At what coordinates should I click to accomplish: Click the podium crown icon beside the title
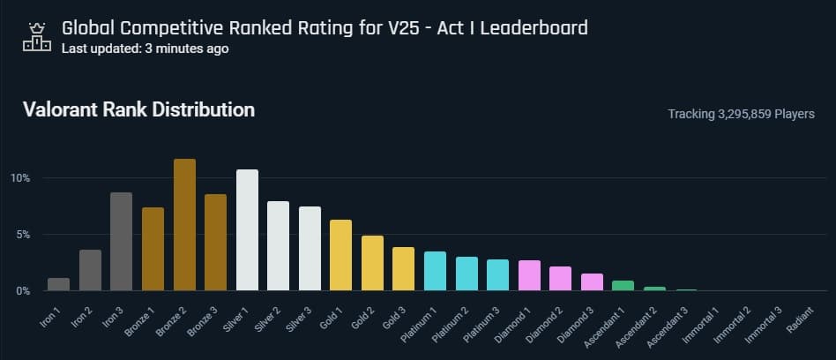[36, 35]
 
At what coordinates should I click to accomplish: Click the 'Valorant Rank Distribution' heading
[138, 110]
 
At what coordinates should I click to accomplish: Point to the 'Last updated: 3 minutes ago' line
[145, 49]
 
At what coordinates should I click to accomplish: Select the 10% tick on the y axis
[20, 178]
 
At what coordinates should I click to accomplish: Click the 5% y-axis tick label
[23, 235]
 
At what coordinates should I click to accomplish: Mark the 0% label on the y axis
[23, 290]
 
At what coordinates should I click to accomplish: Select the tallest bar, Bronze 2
[184, 225]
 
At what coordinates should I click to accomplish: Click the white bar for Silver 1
[248, 230]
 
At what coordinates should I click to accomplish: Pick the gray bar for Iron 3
[121, 242]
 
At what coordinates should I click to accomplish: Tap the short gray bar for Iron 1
[58, 284]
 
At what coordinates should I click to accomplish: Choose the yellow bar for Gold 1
[340, 255]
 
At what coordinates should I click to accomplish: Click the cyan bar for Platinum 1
[435, 271]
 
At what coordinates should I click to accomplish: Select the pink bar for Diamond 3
[592, 282]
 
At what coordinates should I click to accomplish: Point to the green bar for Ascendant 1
[623, 286]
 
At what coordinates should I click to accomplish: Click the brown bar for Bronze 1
[153, 249]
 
